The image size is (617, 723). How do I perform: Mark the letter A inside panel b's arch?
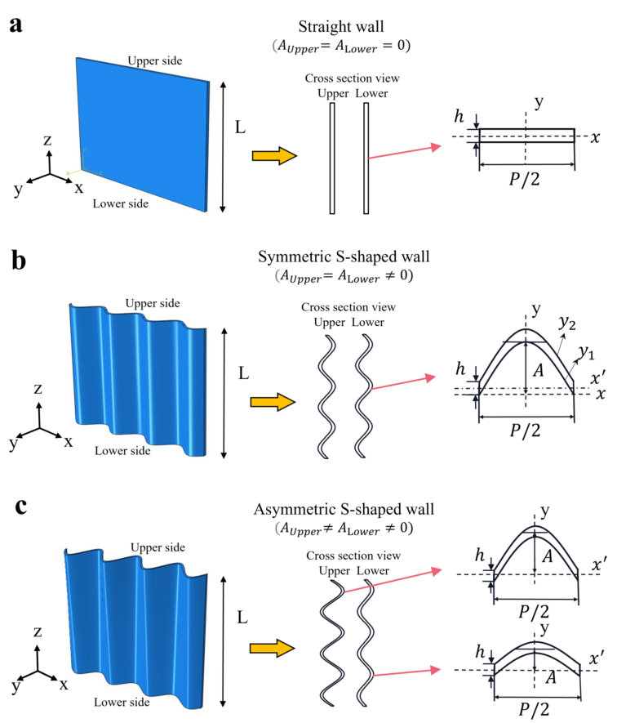[537, 370]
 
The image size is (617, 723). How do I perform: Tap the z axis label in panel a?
[48, 141]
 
